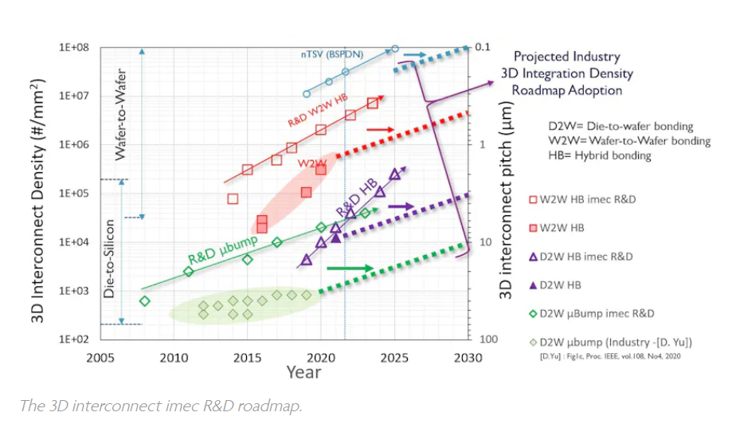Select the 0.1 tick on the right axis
tap(486, 48)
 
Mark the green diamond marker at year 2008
tap(144, 300)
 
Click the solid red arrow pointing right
tap(380, 128)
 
